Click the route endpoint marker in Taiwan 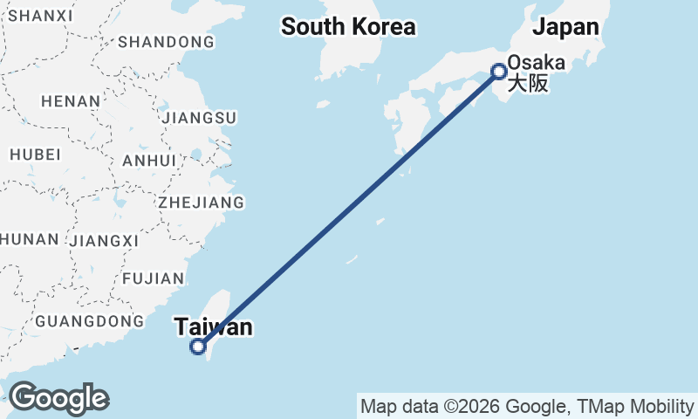point(198,347)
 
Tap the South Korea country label point(348,27)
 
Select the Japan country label point(566,27)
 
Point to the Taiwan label point(214,327)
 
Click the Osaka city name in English point(536,63)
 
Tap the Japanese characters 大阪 point(528,85)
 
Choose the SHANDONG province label point(166,42)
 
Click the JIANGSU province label point(200,117)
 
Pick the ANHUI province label point(150,161)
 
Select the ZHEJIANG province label point(201,203)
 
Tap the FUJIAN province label point(154,278)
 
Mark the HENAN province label point(71,101)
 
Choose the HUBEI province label point(35,155)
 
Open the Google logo point(58,398)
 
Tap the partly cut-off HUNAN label point(30,239)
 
